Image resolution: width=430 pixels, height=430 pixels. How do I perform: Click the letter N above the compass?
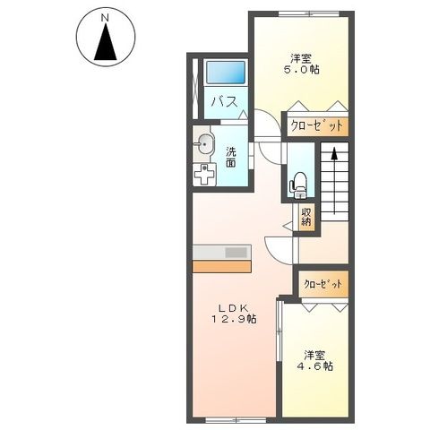pos(106,16)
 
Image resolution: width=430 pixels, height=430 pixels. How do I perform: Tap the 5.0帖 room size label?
pos(302,69)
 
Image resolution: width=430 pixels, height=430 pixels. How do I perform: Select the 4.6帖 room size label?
pos(316,365)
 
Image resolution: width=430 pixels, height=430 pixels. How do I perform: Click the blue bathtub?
pos(225,73)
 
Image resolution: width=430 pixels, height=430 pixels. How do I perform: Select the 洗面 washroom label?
pos(231,157)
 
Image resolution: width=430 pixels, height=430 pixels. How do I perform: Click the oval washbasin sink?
pos(205,144)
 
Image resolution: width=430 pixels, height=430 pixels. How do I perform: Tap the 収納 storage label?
pos(306,217)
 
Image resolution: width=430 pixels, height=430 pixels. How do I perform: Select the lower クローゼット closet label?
pos(322,284)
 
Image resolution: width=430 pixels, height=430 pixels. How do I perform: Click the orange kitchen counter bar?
pos(221,266)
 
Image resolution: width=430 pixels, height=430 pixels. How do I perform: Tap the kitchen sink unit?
pos(236,252)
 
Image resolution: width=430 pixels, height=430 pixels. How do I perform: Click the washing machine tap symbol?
pos(205,174)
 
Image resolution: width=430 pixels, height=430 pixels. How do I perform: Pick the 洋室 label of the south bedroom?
pos(315,352)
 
